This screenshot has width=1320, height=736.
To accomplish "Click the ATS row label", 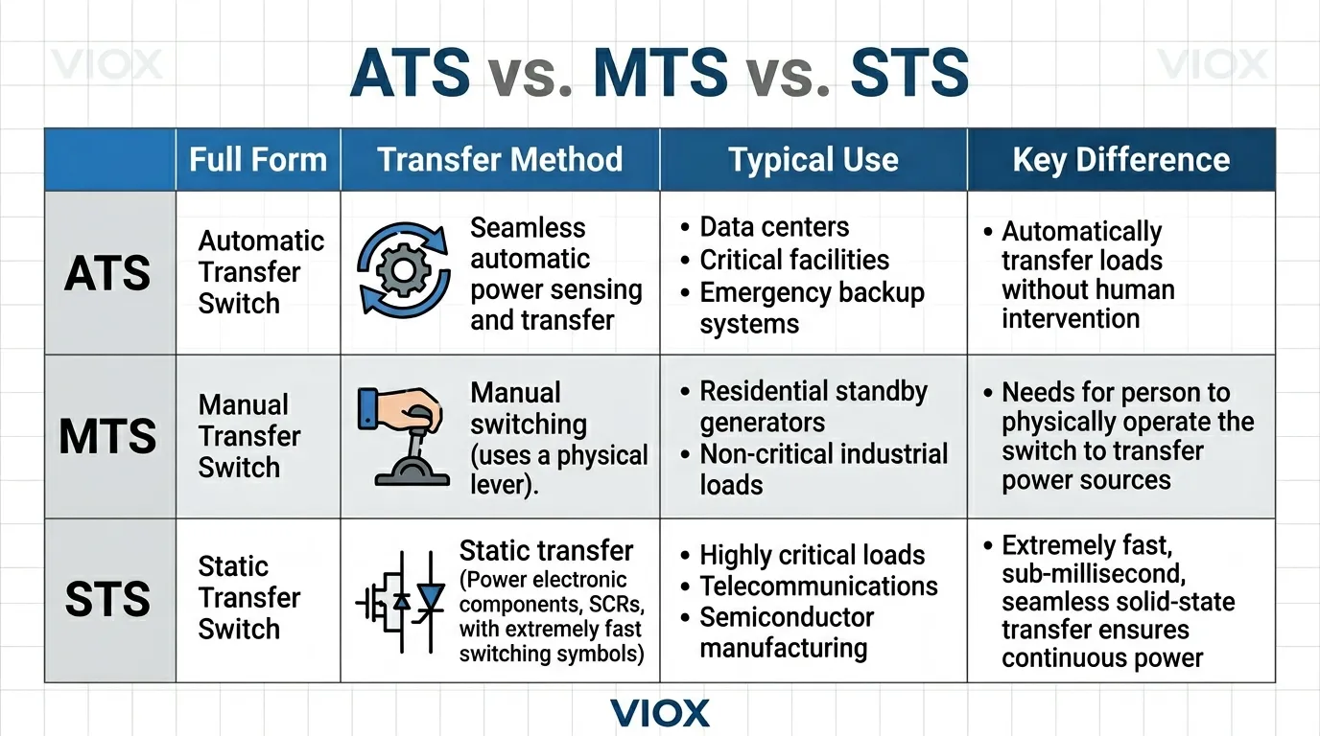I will coord(107,273).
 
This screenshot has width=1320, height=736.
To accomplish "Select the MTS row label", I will coord(107,437).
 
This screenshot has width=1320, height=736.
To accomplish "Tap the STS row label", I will coord(107,600).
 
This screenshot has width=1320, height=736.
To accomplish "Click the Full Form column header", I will coord(258,159).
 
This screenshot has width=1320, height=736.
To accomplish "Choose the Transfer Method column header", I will coord(500,159).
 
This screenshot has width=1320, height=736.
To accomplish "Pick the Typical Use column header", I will coord(813,160).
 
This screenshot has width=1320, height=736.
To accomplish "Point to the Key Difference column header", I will coord(1120,159).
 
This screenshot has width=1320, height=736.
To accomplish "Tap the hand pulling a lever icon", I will coord(401,436).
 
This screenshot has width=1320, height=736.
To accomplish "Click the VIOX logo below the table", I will coord(660,713).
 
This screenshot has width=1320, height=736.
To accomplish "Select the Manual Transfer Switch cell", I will coord(249,436).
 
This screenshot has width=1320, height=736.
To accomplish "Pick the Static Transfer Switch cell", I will coord(249,598).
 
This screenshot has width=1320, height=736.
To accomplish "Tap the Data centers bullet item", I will coord(773,227).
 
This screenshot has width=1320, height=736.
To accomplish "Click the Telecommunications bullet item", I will coord(818,586).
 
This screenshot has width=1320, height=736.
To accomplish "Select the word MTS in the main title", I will coord(661,74).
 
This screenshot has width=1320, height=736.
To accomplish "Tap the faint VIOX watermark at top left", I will coord(106,65).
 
